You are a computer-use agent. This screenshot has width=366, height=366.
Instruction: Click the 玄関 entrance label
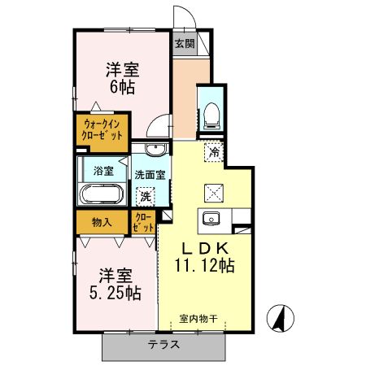pos(185,43)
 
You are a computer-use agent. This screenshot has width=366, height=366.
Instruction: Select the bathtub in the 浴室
pos(102,195)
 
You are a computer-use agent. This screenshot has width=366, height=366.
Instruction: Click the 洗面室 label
pos(150,173)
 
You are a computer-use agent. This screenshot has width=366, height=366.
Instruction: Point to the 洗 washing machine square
pos(146,196)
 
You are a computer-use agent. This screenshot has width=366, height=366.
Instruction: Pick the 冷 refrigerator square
pos(216,151)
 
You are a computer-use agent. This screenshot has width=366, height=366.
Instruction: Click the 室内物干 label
pos(199,319)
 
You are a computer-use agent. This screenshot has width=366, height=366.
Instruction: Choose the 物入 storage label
pos(102,221)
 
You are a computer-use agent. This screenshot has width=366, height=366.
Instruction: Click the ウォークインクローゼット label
pos(100,130)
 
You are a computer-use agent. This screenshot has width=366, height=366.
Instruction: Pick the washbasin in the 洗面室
pos(158,147)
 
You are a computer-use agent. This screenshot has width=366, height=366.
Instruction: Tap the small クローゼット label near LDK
pos(143,223)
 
